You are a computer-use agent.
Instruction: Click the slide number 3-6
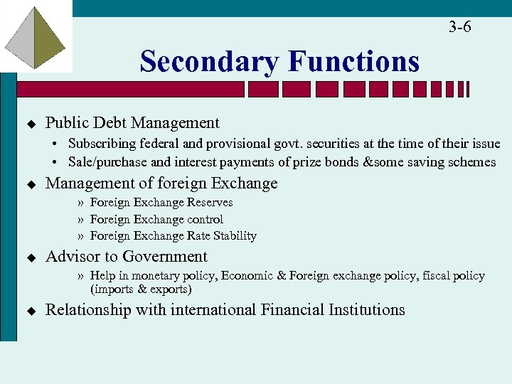point(459,27)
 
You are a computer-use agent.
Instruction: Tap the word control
point(205,219)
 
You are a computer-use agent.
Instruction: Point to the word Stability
point(234,235)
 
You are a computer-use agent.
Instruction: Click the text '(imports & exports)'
point(141,289)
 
